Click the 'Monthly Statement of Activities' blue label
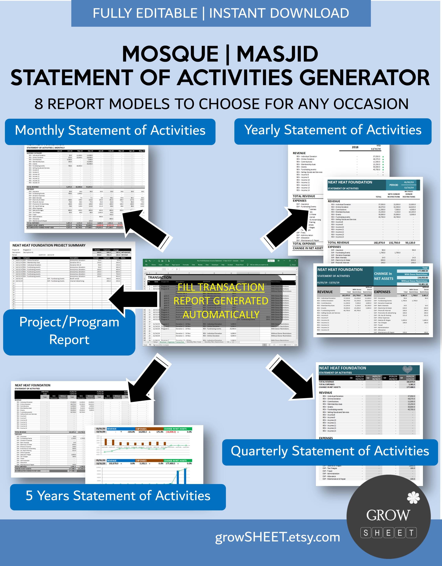pos(110,130)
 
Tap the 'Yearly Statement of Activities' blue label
pos(333,130)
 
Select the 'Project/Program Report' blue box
pos(69,331)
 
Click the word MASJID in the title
pos(277,54)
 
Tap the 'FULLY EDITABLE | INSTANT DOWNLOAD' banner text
pos(221,13)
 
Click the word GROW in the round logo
pos(388,515)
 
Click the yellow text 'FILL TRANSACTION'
pos(221,287)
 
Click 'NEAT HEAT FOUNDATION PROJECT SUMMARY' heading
pos(49,245)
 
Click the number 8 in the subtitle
pos(39,104)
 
